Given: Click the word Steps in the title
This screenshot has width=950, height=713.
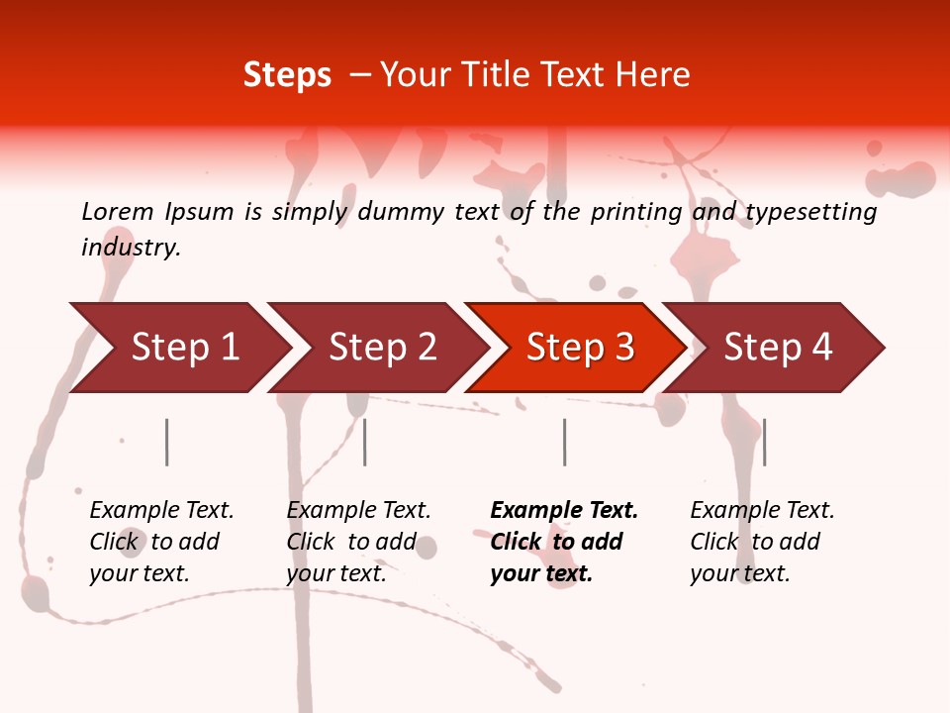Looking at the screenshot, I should click(x=287, y=75).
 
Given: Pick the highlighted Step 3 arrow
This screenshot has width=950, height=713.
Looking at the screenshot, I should click(x=580, y=348).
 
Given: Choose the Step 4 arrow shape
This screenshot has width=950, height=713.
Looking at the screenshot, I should click(x=778, y=348).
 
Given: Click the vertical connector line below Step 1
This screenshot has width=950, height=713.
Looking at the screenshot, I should click(x=167, y=442).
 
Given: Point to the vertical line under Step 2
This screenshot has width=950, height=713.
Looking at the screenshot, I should click(x=365, y=442).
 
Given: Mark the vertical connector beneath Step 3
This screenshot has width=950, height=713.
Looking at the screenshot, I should click(x=564, y=442).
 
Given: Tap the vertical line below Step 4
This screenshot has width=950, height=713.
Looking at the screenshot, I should click(x=764, y=442).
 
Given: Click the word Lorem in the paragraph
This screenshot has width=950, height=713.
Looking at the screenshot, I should click(x=118, y=212).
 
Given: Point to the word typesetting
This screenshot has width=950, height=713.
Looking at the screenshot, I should click(x=810, y=212).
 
